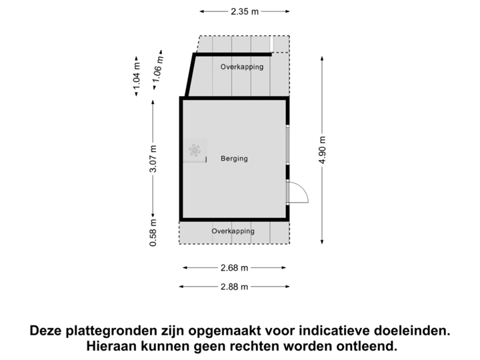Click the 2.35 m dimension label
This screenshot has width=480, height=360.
click(x=245, y=11)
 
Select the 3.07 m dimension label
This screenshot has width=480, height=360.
click(x=154, y=159)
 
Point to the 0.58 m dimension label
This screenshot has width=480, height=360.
click(x=154, y=233)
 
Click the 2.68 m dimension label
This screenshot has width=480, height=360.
click(x=234, y=268)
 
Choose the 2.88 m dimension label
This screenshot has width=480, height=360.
click(x=234, y=287)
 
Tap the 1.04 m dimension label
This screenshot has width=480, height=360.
click(x=137, y=76)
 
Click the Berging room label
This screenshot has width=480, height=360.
click(x=234, y=159)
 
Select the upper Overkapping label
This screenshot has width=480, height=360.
click(x=242, y=67)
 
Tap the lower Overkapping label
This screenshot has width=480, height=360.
click(x=233, y=231)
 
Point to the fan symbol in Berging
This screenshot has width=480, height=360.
click(x=195, y=151)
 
